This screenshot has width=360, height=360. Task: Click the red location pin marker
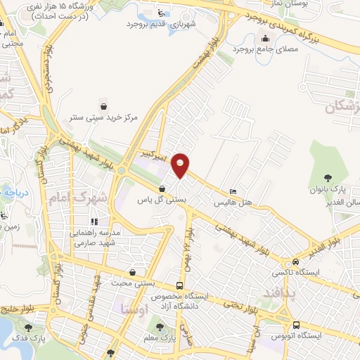pyautogui.click(x=181, y=165)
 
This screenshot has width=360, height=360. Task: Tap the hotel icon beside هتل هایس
pyautogui.click(x=233, y=191)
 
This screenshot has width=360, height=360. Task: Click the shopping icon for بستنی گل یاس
pyautogui.click(x=162, y=188)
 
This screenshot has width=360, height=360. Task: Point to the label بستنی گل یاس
pyautogui.click(x=162, y=200)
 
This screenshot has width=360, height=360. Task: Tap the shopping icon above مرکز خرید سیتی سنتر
pyautogui.click(x=104, y=105)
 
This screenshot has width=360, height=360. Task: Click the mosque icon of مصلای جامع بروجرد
pyautogui.click(x=266, y=39)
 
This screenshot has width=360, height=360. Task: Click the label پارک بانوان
pyautogui.click(x=326, y=191)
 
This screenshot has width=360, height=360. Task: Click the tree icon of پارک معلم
pyautogui.click(x=161, y=327)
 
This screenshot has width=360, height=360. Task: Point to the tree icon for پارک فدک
pyautogui.click(x=28, y=327)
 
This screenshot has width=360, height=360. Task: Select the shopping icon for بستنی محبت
pyautogui.click(x=133, y=272)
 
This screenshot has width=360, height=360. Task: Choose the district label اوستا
pyautogui.click(x=134, y=309)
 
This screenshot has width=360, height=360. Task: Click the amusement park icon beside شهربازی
pyautogui.click(x=161, y=12)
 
